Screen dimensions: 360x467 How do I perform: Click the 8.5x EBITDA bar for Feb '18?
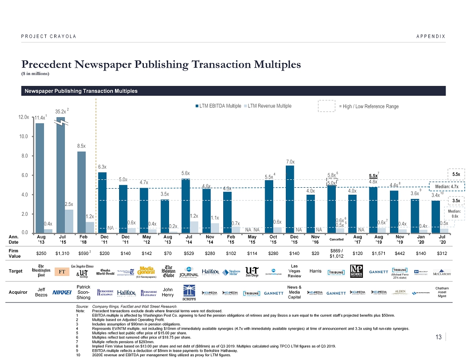(x=81, y=191)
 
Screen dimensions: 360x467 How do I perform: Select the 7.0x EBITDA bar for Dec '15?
(x=290, y=198)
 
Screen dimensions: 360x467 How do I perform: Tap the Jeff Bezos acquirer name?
(x=41, y=292)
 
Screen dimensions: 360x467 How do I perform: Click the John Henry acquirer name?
(x=168, y=292)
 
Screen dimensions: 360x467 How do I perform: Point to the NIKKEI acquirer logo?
(x=62, y=293)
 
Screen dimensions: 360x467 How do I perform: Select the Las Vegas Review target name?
(x=294, y=272)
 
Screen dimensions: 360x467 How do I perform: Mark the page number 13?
(x=439, y=337)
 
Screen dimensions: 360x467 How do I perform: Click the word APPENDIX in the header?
(x=430, y=36)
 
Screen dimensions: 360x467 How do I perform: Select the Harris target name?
(x=316, y=272)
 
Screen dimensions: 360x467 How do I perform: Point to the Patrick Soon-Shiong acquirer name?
(x=83, y=292)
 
